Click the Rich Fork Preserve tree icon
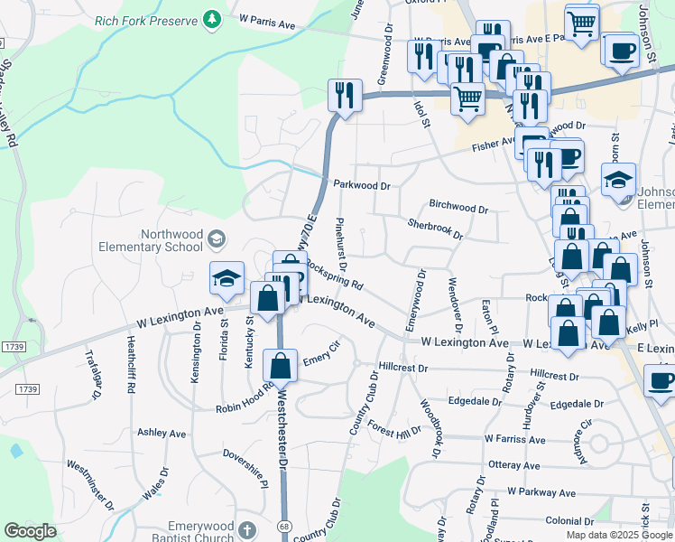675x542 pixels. pyautogui.click(x=212, y=19)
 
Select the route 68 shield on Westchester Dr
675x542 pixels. pyautogui.click(x=284, y=525)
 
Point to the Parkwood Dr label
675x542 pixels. pyautogui.click(x=361, y=185)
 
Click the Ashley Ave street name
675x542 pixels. pyautogui.click(x=162, y=433)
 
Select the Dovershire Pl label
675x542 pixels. pyautogui.click(x=245, y=458)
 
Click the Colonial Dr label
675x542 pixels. pyautogui.click(x=569, y=521)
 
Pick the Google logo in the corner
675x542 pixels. pyautogui.click(x=30, y=531)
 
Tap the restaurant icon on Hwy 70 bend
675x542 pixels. pyautogui.click(x=344, y=95)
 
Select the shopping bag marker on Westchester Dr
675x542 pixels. pyautogui.click(x=280, y=366)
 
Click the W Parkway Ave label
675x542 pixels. pyautogui.click(x=541, y=493)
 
